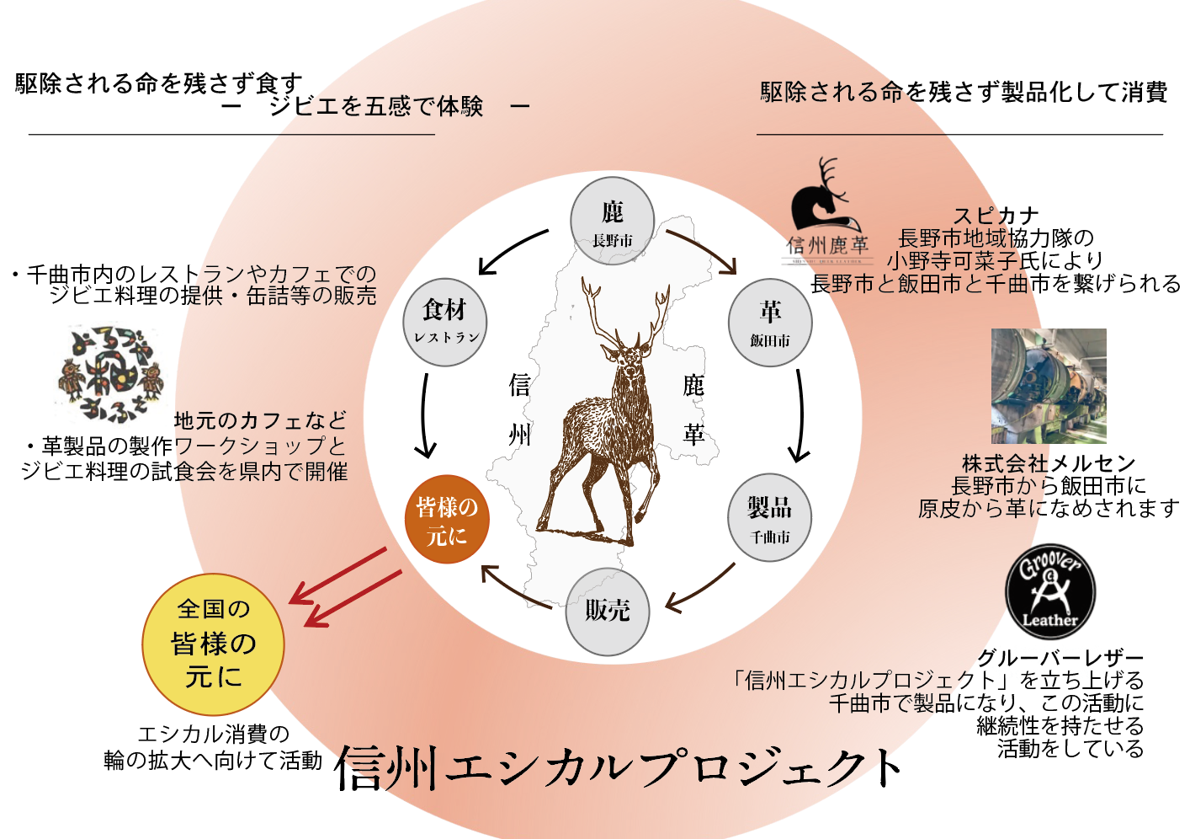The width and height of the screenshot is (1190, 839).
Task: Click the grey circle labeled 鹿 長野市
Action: pyautogui.click(x=612, y=222)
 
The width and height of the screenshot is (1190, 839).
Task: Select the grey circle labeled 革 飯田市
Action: pyautogui.click(x=770, y=324)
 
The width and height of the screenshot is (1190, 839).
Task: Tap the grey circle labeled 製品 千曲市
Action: pyautogui.click(x=770, y=519)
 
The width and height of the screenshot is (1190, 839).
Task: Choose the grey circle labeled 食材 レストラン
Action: pyautogui.click(x=445, y=323)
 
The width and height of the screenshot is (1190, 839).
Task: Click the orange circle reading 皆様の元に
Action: pyautogui.click(x=447, y=520)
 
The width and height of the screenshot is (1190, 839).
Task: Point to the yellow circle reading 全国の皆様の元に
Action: pyautogui.click(x=213, y=644)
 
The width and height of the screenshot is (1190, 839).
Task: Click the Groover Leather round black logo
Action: pyautogui.click(x=1050, y=591)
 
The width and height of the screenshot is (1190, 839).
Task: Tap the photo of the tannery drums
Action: pyautogui.click(x=1049, y=386)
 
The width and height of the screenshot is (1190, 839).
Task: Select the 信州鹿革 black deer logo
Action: pyautogui.click(x=826, y=211)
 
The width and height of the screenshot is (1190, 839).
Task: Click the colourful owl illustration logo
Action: pyautogui.click(x=112, y=374)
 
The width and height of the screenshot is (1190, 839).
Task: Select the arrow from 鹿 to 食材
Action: pyautogui.click(x=513, y=250)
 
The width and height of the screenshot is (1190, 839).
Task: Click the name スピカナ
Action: pyautogui.click(x=996, y=216)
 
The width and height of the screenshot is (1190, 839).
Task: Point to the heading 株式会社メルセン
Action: pyautogui.click(x=1049, y=463)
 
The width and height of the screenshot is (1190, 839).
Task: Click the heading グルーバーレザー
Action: pyautogui.click(x=1060, y=658)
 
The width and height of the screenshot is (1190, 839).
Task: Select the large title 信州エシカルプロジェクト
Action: pyautogui.click(x=619, y=768)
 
